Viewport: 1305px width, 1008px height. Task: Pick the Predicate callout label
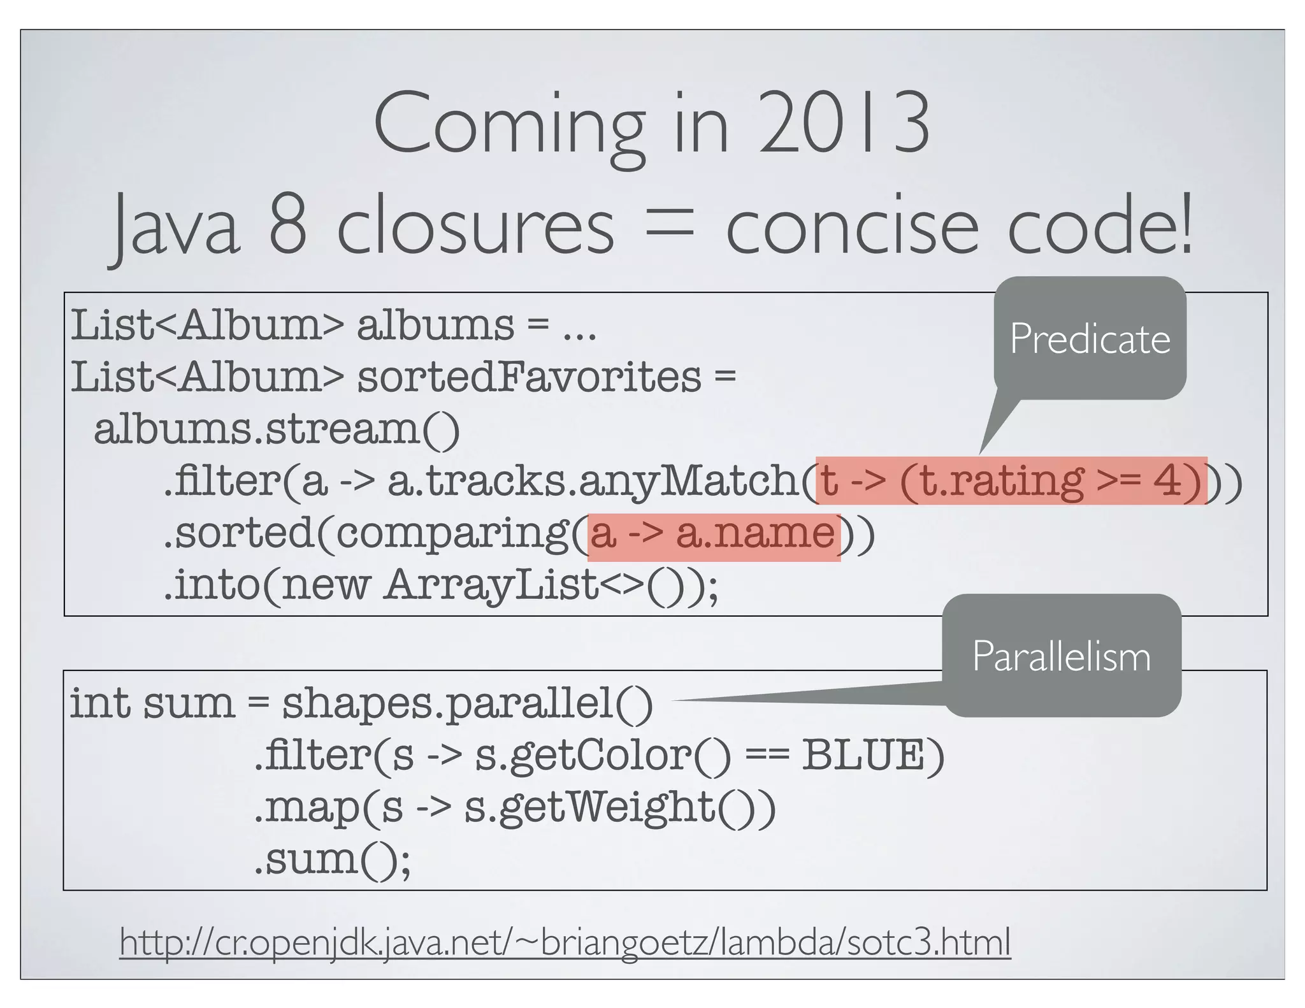point(1090,338)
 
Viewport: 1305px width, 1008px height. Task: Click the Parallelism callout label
point(1062,656)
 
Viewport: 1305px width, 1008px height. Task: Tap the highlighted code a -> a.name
point(713,534)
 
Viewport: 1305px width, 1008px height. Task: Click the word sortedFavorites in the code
point(529,377)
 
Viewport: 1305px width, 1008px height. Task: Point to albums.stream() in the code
point(277,429)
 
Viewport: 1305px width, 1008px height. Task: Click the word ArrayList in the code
point(491,585)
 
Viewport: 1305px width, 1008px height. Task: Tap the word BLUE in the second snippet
point(863,755)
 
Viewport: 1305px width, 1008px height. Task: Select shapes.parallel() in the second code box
point(468,704)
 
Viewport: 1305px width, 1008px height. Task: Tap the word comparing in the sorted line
point(452,534)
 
